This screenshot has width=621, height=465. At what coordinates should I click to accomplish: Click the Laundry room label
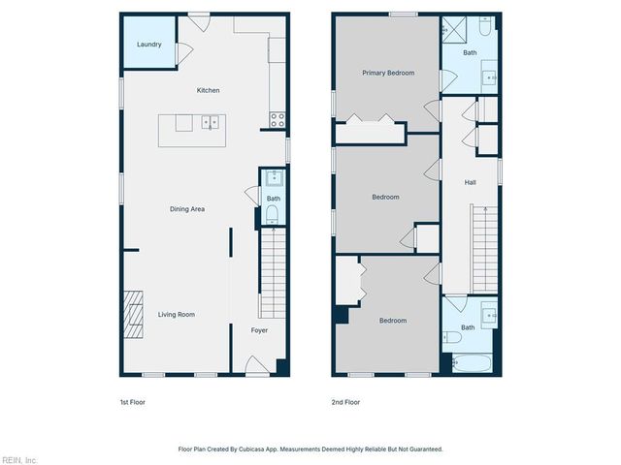148,45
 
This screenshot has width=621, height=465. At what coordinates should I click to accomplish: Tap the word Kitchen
208,91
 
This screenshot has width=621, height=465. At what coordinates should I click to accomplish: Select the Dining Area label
187,209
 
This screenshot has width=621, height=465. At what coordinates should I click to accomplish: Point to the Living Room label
177,315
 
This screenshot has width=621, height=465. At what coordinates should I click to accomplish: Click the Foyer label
259,330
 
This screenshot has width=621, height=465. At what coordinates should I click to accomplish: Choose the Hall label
470,182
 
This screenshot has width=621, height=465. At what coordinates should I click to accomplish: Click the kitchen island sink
210,123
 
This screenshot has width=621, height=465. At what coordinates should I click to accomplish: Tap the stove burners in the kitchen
277,121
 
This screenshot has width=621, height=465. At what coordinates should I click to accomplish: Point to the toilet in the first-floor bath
273,215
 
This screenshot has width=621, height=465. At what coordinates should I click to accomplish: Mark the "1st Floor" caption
132,402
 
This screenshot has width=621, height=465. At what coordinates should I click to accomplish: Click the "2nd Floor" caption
345,402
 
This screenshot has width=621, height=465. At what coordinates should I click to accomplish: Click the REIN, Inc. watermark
18,459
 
